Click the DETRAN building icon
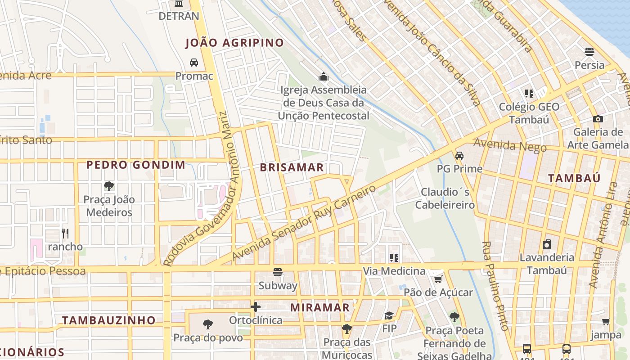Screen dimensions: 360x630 (x=179, y=4)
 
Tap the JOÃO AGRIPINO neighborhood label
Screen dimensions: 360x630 (x=234, y=43)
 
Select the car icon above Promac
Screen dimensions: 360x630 (x=193, y=63)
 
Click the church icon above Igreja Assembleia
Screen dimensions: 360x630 (x=323, y=76)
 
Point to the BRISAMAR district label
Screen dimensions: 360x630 (x=292, y=167)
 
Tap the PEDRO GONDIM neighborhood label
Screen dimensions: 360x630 (x=135, y=165)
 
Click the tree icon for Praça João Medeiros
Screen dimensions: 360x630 (x=108, y=186)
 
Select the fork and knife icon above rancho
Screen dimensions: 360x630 (x=65, y=233)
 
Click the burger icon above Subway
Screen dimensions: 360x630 (x=278, y=272)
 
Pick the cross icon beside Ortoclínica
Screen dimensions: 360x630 (x=256, y=307)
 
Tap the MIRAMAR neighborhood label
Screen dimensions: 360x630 (x=319, y=307)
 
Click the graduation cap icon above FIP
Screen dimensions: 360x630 (x=389, y=315)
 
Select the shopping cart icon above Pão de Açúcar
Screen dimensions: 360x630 (x=437, y=279)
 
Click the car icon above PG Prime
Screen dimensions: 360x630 (x=459, y=156)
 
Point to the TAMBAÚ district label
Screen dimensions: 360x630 (x=574, y=178)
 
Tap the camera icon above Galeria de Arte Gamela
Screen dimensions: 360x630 (x=598, y=119)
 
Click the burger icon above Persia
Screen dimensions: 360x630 (x=589, y=52)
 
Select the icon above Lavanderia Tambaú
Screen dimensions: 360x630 (x=546, y=244)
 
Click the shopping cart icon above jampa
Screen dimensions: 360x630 (x=606, y=322)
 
